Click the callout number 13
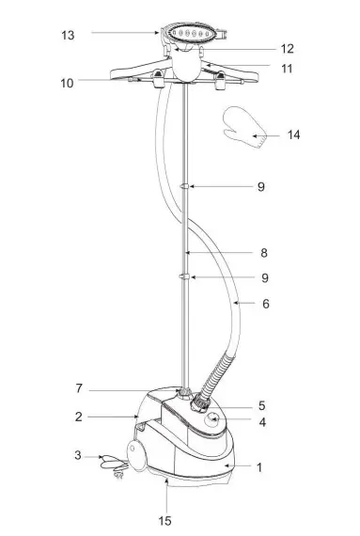point(68,35)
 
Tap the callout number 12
point(288,49)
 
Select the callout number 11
point(287,69)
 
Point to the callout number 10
point(67,83)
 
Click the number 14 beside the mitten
point(294,134)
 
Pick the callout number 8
point(264,253)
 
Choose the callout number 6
point(266,304)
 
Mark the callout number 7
point(79,388)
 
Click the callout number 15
point(164,521)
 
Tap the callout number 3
point(78,455)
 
